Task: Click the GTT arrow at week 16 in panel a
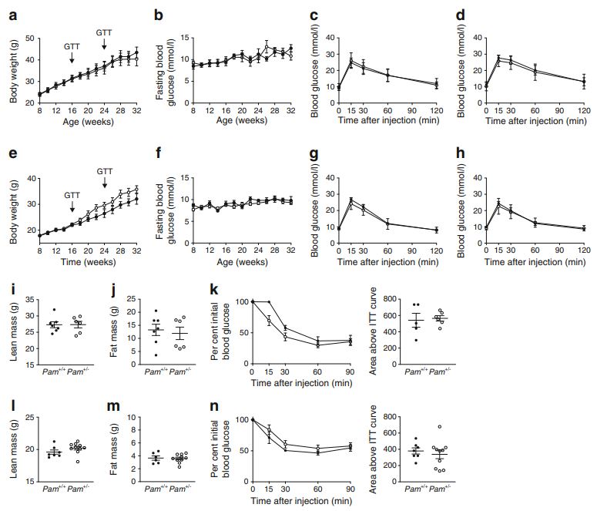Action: click(x=72, y=58)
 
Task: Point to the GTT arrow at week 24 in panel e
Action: click(x=105, y=184)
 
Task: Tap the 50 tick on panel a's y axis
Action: click(x=29, y=38)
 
